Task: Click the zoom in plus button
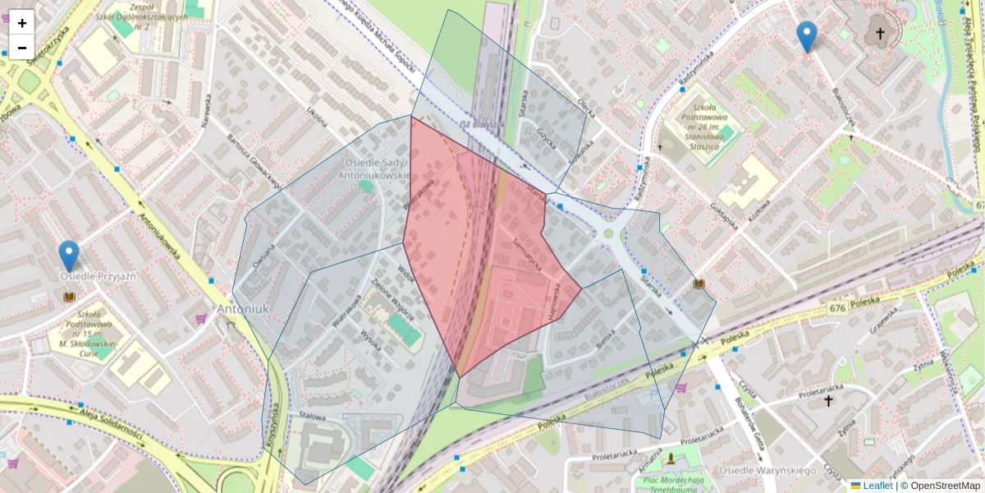[22, 23]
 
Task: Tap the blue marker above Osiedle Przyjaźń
[69, 256]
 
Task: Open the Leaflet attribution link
[877, 486]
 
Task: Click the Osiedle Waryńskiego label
[766, 470]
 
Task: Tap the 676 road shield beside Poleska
[836, 306]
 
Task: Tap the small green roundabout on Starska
[608, 233]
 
